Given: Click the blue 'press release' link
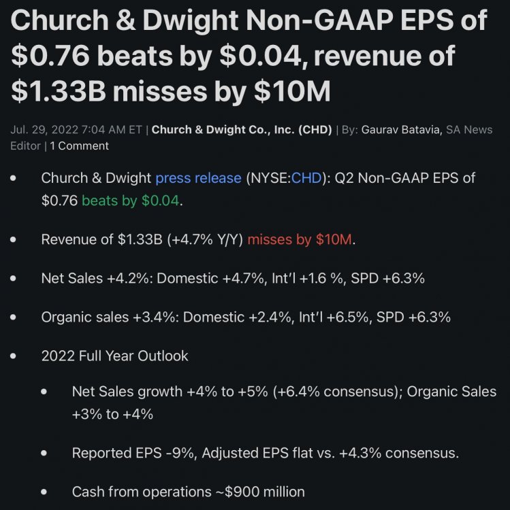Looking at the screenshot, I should [x=198, y=178].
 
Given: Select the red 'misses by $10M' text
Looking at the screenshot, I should [x=301, y=240].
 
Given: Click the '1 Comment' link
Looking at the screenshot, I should [x=79, y=146].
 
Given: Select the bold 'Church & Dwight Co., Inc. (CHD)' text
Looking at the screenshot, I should [x=241, y=129].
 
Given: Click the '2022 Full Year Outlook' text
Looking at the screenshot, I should [x=114, y=356].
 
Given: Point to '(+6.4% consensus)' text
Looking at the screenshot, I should [x=326, y=392].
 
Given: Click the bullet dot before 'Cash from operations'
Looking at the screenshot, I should [x=45, y=492].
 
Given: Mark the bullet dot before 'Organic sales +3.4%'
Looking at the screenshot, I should [x=15, y=317].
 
